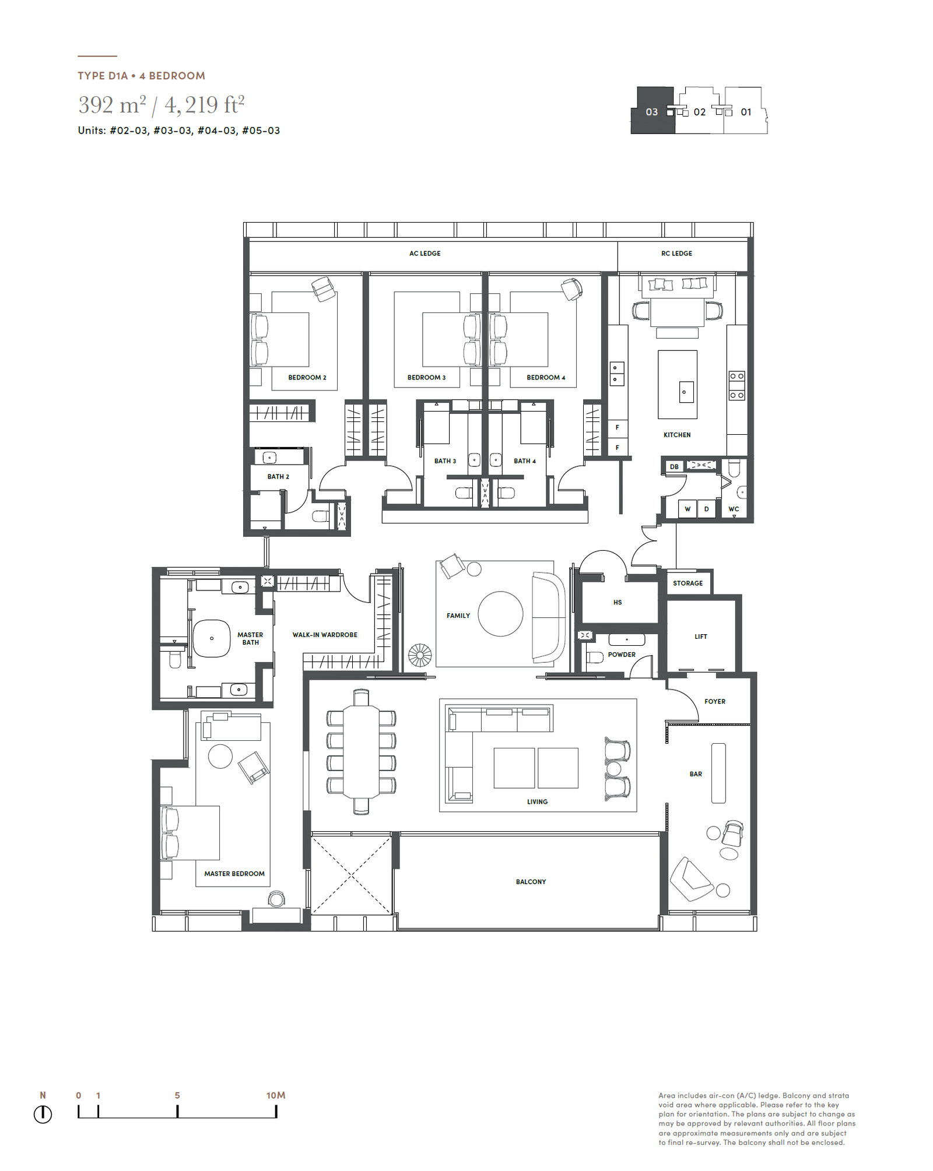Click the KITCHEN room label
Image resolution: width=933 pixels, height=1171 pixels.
tap(676, 435)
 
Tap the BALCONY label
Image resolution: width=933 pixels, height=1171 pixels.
tap(531, 882)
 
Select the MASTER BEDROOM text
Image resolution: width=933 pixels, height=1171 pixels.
tap(234, 874)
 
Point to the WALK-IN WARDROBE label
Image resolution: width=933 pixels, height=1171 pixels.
tap(325, 635)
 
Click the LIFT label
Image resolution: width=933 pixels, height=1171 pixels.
tap(700, 637)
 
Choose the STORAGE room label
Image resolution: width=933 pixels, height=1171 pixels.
tap(688, 583)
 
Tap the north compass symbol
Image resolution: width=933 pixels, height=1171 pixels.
tap(43, 1114)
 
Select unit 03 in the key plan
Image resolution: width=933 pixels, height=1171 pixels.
tap(652, 111)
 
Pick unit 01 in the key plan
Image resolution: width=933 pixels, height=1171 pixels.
tap(746, 111)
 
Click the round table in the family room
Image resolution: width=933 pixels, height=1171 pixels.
tap(500, 614)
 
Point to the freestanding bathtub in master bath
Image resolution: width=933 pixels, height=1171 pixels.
tap(212, 638)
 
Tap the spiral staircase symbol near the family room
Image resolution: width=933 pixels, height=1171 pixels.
tap(420, 655)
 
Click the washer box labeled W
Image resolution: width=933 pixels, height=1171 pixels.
tap(688, 509)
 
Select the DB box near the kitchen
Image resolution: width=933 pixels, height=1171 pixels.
tap(674, 466)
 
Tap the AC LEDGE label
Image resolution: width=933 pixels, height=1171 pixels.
tap(425, 254)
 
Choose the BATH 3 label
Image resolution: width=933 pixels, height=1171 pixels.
tap(445, 461)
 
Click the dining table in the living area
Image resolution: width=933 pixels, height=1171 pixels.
tap(362, 751)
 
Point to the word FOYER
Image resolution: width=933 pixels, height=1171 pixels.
tap(714, 702)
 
